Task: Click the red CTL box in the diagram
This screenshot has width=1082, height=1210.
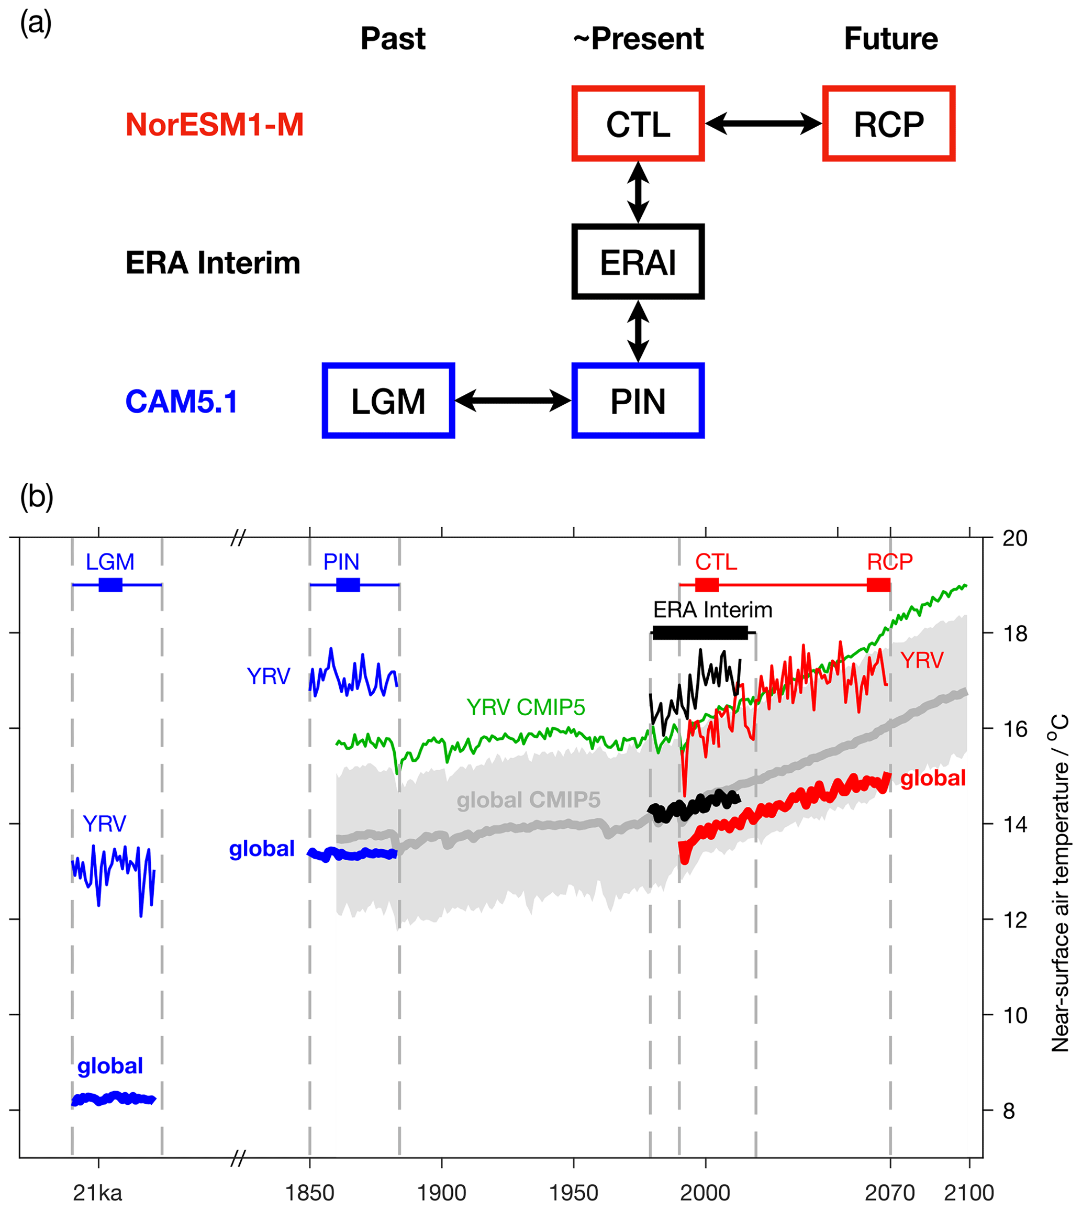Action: tap(638, 124)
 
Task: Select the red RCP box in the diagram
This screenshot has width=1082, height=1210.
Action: tap(889, 124)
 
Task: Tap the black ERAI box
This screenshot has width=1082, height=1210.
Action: tap(638, 262)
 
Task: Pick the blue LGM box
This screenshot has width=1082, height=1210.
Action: tap(388, 401)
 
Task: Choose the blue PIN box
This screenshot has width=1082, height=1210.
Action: tap(638, 401)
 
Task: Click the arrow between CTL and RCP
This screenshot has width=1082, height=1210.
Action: tap(764, 124)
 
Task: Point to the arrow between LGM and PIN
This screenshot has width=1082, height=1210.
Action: tap(513, 401)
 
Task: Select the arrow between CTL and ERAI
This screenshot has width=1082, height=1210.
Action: tap(638, 192)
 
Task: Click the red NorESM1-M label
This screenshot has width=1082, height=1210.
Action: tap(215, 125)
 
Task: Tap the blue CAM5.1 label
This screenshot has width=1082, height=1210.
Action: tap(181, 402)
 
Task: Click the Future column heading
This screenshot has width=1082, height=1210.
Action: tap(890, 39)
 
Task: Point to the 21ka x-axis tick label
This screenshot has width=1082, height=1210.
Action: tap(97, 1193)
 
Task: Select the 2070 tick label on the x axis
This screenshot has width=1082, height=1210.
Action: tap(889, 1193)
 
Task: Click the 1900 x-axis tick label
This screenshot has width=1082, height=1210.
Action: tap(441, 1193)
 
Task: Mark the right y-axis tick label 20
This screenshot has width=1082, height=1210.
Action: tap(1015, 538)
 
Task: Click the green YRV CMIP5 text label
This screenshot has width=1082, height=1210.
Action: tap(526, 707)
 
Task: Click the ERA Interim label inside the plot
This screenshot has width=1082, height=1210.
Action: tap(713, 609)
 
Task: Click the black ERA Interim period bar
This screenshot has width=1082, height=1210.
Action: tap(700, 632)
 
